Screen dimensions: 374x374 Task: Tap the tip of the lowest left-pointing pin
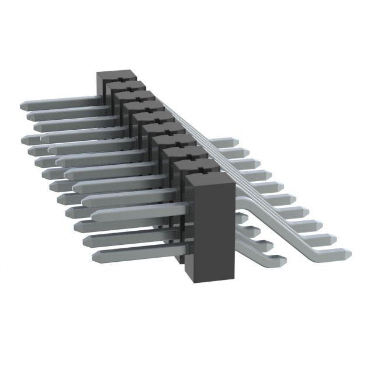tap(95, 255)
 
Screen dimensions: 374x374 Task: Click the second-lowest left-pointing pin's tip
tap(86, 240)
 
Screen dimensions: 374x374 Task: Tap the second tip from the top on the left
tap(29, 116)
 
